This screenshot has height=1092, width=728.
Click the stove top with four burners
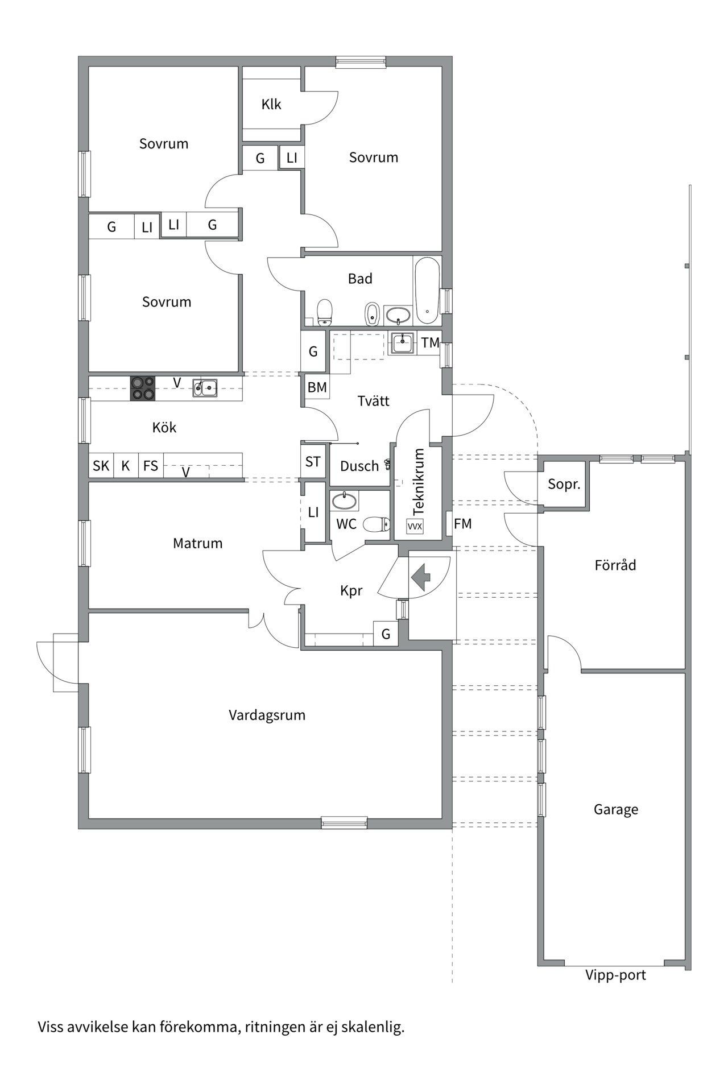(x=143, y=389)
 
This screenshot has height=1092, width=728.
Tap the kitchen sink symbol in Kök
(x=205, y=388)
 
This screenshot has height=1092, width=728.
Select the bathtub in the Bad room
(x=427, y=290)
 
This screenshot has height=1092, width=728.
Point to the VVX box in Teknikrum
(x=415, y=526)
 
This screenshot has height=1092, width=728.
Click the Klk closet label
(x=271, y=105)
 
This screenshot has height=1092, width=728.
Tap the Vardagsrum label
(x=267, y=715)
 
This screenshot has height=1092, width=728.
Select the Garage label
(x=615, y=809)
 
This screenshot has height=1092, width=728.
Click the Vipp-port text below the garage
(x=615, y=975)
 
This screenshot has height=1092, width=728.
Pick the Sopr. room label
(x=564, y=485)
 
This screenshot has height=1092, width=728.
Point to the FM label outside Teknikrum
(x=462, y=524)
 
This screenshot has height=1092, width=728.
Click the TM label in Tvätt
(x=430, y=342)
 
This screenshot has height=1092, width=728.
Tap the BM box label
(x=317, y=387)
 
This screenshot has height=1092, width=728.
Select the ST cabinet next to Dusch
(x=313, y=462)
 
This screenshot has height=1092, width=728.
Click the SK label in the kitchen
(x=101, y=466)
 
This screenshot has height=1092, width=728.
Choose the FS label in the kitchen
(x=151, y=466)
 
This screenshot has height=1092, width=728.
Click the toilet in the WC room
(x=377, y=524)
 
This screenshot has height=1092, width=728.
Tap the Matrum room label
(x=197, y=543)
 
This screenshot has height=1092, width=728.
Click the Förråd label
(x=615, y=565)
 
